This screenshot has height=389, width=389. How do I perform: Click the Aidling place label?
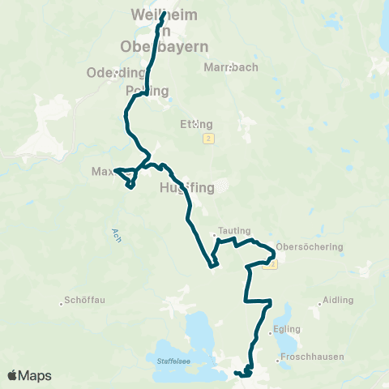(x=338, y=300)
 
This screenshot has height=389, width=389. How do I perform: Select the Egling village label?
(x=287, y=329)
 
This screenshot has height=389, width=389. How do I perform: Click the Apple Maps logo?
(x=29, y=375)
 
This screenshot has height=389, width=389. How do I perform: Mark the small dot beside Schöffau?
(x=62, y=305)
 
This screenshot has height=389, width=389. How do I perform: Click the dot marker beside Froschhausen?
(x=278, y=361)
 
